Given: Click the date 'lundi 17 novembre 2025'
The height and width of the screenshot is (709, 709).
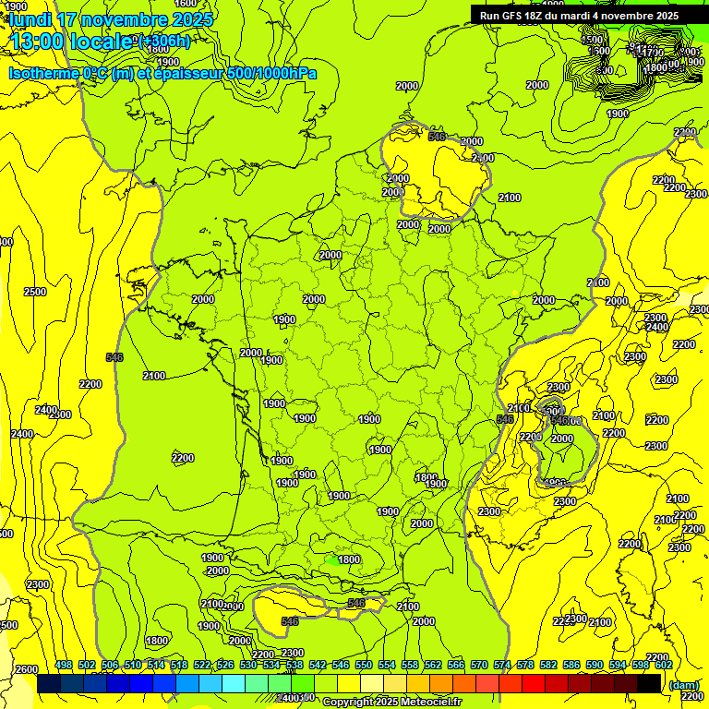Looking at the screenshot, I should [111, 18].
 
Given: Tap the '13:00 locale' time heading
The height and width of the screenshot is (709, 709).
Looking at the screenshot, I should [70, 41].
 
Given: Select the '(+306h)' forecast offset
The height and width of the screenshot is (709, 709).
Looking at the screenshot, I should [163, 41].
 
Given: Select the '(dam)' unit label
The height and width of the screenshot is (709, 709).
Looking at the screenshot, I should [682, 685].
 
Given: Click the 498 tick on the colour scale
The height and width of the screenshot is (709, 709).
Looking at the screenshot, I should [64, 665].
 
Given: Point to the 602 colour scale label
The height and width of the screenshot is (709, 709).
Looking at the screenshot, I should [664, 665].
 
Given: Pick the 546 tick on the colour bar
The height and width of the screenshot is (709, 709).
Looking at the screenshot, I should [341, 665].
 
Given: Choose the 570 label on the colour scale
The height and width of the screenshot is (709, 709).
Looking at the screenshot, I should [479, 665].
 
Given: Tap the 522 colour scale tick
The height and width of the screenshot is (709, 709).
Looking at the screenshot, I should [202, 665].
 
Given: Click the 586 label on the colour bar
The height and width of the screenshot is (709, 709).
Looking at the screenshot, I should [571, 665].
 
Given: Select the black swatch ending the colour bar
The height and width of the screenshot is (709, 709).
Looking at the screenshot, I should [649, 683].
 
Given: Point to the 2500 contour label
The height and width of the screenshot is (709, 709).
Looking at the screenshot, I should [34, 292].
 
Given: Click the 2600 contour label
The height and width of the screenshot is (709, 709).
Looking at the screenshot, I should [27, 669].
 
